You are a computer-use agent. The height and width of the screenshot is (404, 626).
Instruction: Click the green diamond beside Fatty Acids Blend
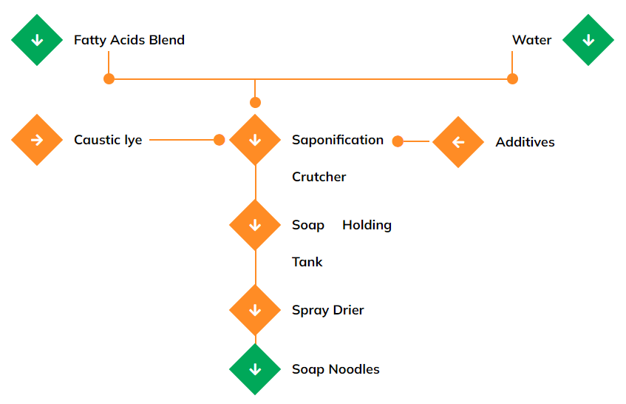[37, 40]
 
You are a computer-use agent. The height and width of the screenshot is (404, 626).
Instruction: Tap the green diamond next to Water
[588, 40]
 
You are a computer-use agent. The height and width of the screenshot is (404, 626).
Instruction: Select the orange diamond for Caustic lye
[37, 140]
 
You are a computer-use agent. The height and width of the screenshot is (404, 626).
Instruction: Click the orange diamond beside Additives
[457, 142]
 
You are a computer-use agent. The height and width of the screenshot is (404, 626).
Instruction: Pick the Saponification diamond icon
[255, 140]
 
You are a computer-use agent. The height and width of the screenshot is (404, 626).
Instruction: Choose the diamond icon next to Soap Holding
[255, 225]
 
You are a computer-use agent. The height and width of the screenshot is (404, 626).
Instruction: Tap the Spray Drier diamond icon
[255, 310]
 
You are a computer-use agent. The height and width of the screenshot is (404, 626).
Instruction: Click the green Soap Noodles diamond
[255, 369]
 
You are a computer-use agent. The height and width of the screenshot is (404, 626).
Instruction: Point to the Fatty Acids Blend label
[129, 40]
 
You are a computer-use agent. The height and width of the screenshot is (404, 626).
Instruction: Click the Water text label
[531, 40]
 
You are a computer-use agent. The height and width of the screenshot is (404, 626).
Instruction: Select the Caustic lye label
[108, 140]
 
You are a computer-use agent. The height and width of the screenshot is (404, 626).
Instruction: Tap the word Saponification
[338, 140]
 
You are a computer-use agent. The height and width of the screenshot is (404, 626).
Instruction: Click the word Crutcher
[319, 177]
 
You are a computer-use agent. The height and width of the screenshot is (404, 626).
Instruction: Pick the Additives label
[525, 142]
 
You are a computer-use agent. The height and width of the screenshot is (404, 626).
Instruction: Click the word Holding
[367, 225]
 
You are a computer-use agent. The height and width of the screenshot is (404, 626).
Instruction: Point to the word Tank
[307, 262]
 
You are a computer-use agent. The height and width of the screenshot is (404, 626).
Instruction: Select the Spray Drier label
[328, 310]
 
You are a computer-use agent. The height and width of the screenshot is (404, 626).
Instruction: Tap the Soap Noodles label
[336, 369]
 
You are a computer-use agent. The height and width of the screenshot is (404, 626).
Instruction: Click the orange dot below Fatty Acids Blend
[109, 78]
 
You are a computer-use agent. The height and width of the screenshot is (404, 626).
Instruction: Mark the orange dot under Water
[512, 78]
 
